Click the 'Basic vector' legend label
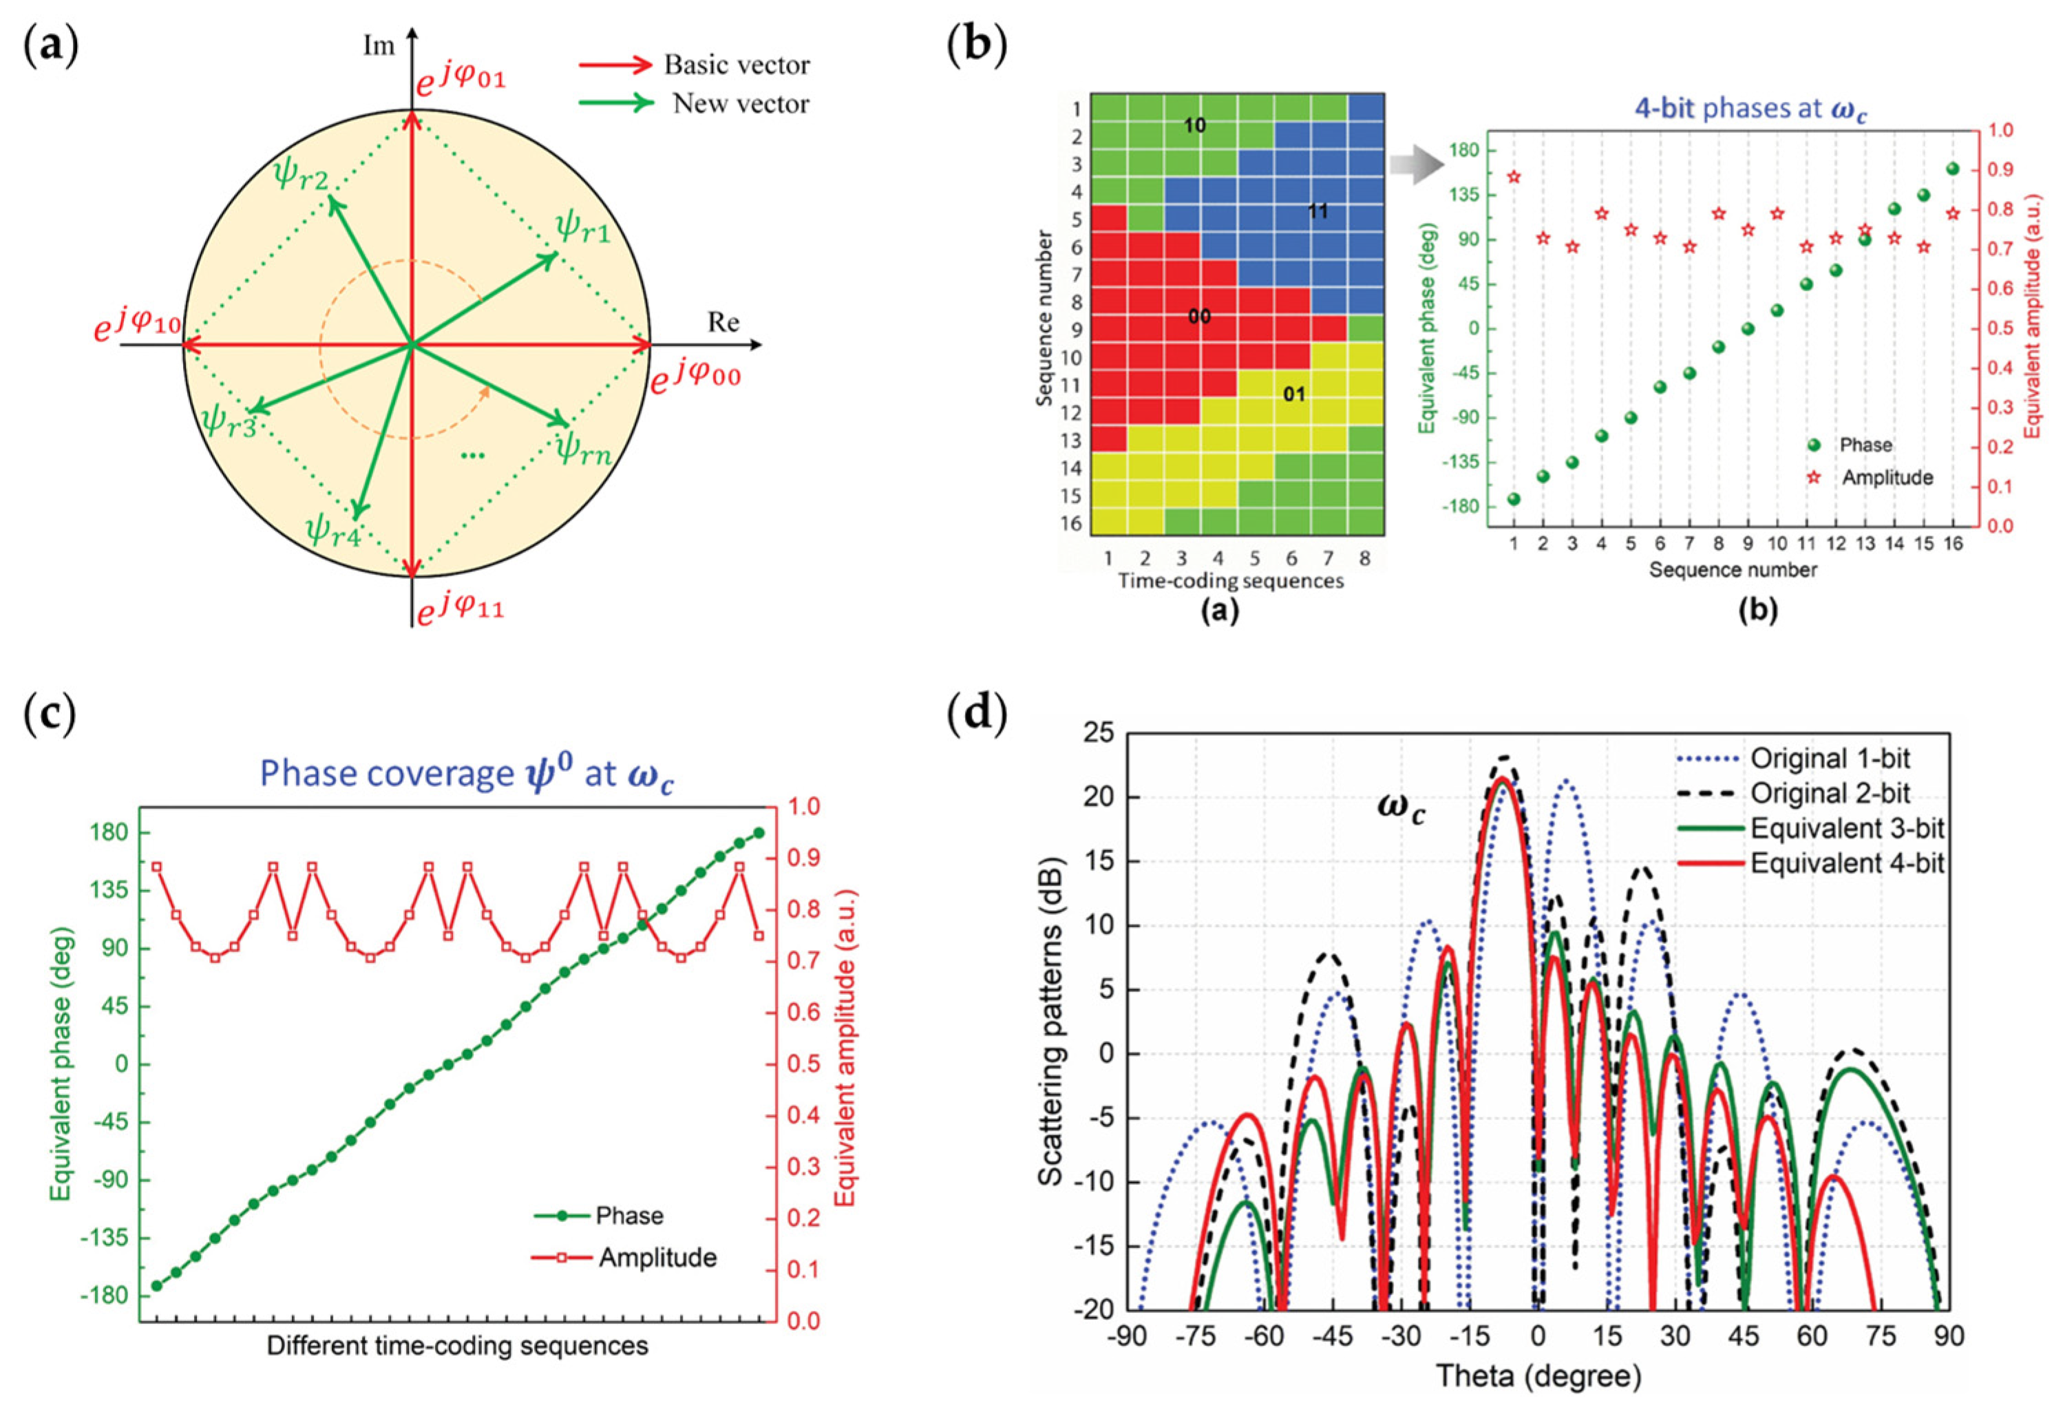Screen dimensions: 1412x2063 tap(736, 65)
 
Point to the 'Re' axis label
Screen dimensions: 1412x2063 tap(723, 322)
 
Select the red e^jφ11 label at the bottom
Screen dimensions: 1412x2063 tap(461, 609)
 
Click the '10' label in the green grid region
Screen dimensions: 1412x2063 tap(1195, 126)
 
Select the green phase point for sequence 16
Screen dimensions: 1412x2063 tap(1952, 169)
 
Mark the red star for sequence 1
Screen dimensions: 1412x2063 tap(1514, 177)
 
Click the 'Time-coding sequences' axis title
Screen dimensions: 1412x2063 tap(1230, 582)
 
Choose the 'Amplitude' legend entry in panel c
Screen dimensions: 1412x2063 tap(657, 1258)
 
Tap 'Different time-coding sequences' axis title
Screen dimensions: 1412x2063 tap(457, 1345)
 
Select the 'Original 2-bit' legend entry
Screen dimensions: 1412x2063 tap(1830, 793)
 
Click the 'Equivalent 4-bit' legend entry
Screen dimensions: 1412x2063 tap(1846, 863)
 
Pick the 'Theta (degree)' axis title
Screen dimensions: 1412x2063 tap(1538, 1376)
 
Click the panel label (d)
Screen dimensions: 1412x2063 tap(977, 713)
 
